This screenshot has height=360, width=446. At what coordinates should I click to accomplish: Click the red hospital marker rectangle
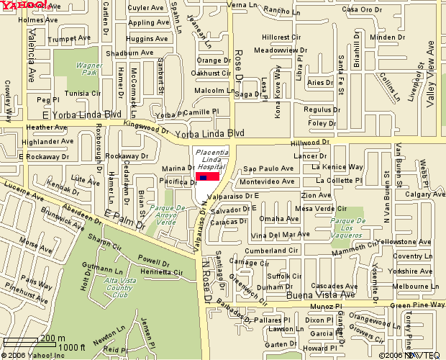pos(207,176)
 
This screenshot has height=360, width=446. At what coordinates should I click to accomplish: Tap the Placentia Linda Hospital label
pos(212,160)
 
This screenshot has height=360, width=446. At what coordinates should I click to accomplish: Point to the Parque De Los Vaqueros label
pos(350,230)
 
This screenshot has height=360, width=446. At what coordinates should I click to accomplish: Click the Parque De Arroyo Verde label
pos(166,215)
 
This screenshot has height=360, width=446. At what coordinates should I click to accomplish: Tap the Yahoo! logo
pos(24,6)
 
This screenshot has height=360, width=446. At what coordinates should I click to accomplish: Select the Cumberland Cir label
pos(270,250)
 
